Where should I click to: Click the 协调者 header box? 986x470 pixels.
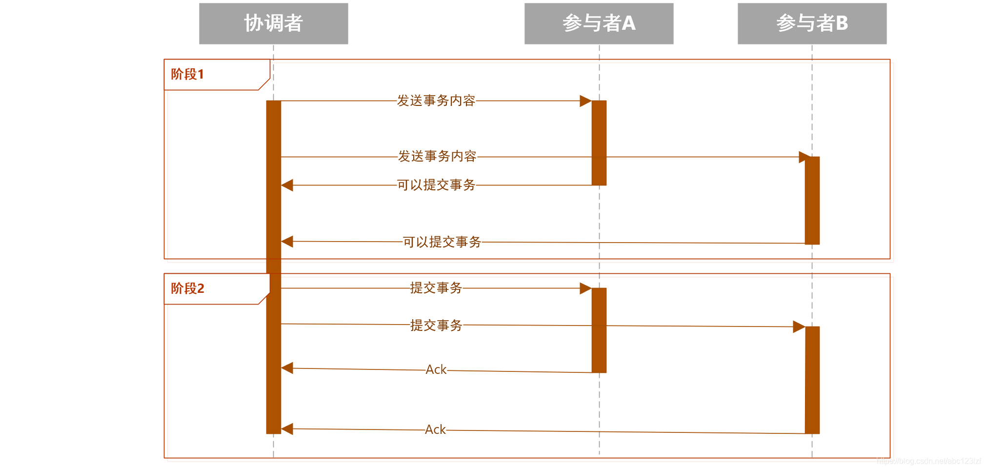pyautogui.click(x=273, y=23)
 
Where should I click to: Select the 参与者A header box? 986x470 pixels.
pyautogui.click(x=599, y=23)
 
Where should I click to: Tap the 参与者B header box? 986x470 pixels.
pyautogui.click(x=812, y=23)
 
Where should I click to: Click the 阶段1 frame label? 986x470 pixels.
pyautogui.click(x=187, y=74)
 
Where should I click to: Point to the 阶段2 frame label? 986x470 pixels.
pyautogui.click(x=187, y=288)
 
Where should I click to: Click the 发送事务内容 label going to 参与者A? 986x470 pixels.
pyautogui.click(x=436, y=101)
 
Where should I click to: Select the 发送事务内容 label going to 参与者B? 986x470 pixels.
pyautogui.click(x=437, y=156)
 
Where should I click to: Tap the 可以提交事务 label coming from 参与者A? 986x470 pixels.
pyautogui.click(x=436, y=185)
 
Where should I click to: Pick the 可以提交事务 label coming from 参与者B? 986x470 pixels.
pyautogui.click(x=442, y=242)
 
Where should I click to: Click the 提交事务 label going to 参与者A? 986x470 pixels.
pyautogui.click(x=436, y=288)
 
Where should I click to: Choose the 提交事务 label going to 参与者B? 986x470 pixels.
pyautogui.click(x=436, y=325)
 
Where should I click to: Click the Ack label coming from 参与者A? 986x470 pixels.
pyautogui.click(x=436, y=369)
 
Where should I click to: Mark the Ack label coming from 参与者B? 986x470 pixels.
pyautogui.click(x=435, y=429)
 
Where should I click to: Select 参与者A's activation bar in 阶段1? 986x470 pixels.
pyautogui.click(x=599, y=143)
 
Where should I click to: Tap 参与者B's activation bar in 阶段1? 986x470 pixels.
pyautogui.click(x=812, y=200)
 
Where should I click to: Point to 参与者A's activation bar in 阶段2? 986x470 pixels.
pyautogui.click(x=599, y=330)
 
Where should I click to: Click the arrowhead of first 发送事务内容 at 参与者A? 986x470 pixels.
pyautogui.click(x=585, y=101)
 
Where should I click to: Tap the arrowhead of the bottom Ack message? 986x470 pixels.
pyautogui.click(x=287, y=429)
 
